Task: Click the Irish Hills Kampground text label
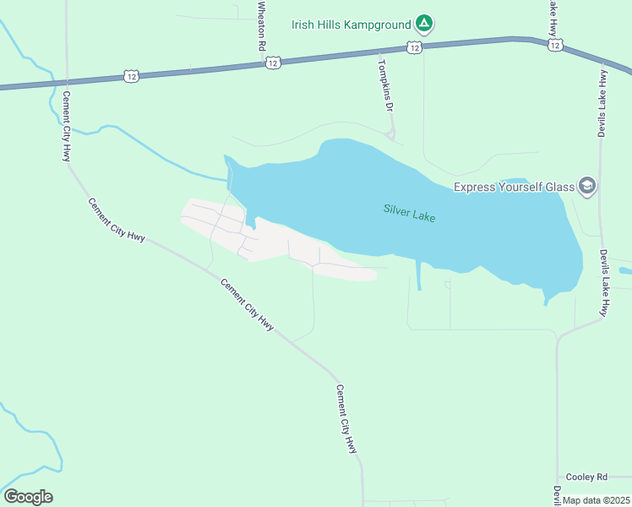pyautogui.click(x=351, y=24)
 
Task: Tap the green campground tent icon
pyautogui.click(x=424, y=24)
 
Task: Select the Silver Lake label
pyautogui.click(x=409, y=213)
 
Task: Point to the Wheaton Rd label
pyautogui.click(x=261, y=27)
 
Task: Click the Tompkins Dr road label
pyautogui.click(x=385, y=84)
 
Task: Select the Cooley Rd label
pyautogui.click(x=587, y=477)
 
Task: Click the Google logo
pyautogui.click(x=28, y=497)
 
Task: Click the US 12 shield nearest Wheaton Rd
pyautogui.click(x=272, y=63)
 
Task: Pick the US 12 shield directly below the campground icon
pyautogui.click(x=413, y=48)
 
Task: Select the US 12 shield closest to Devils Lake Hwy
pyautogui.click(x=554, y=45)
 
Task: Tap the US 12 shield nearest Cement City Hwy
pyautogui.click(x=131, y=76)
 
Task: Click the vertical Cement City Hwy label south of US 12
pyautogui.click(x=66, y=127)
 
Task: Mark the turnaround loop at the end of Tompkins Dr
pyautogui.click(x=390, y=134)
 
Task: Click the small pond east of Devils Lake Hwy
pyautogui.click(x=624, y=271)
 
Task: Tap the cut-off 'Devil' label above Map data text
pyautogui.click(x=557, y=493)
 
